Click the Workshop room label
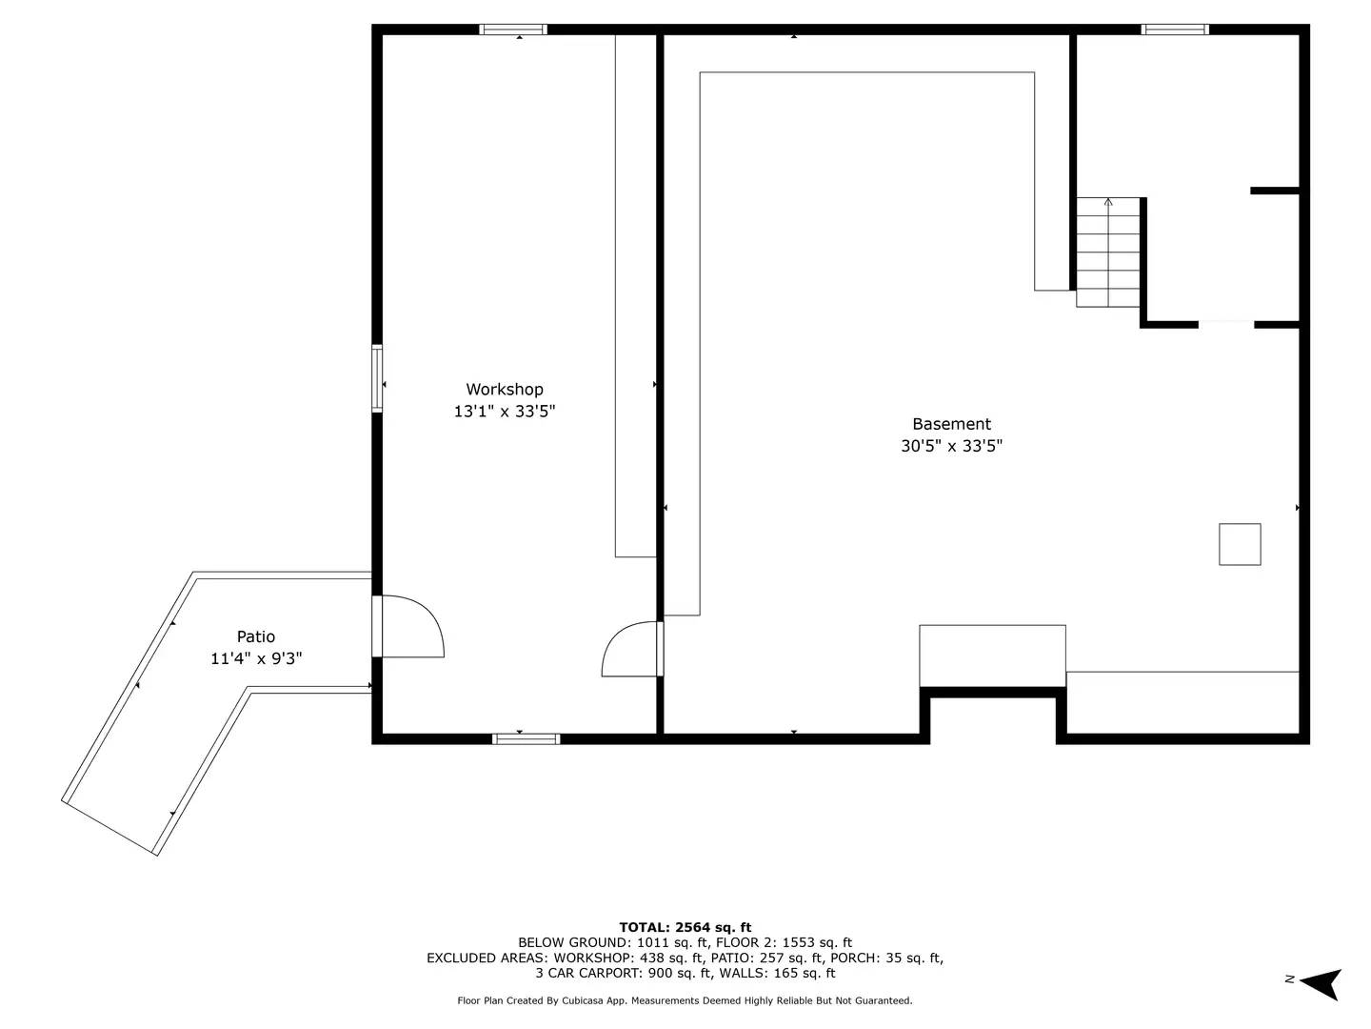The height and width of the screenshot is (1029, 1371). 504,389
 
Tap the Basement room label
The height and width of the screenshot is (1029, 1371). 951,424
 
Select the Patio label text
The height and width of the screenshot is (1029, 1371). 256,636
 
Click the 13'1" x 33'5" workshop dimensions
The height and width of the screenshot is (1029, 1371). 504,412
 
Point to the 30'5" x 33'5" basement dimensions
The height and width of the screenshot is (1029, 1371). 951,446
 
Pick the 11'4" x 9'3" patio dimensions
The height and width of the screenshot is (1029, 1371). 256,658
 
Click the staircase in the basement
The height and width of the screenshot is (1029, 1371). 1108,252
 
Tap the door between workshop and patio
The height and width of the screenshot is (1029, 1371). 409,627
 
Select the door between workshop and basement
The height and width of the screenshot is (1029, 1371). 631,650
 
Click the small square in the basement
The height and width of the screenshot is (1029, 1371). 1240,544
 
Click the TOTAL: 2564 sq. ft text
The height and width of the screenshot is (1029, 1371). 685,927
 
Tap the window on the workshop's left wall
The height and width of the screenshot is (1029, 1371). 377,378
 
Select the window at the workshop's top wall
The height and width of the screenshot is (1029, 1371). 513,30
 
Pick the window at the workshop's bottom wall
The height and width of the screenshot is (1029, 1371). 526,738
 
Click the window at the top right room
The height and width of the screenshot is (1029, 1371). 1175,30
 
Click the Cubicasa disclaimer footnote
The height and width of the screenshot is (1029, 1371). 685,1000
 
